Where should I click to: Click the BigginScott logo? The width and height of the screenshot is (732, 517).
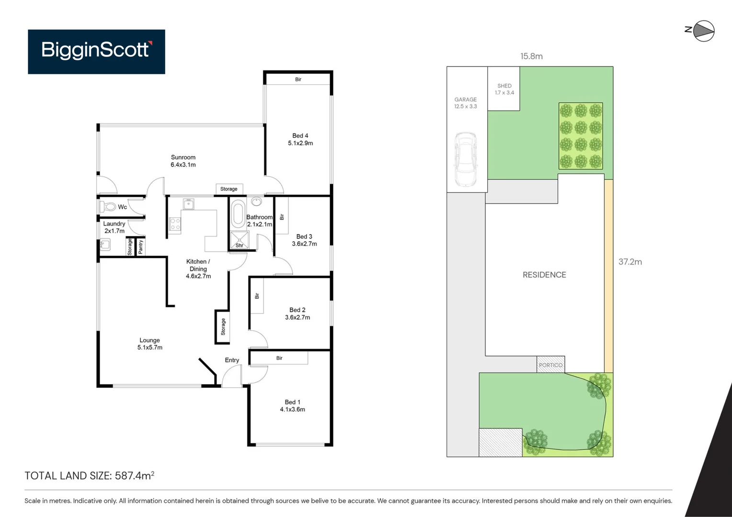(x=96, y=51)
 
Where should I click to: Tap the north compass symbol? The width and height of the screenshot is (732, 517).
(x=703, y=31)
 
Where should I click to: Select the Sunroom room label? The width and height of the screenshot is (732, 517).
(x=183, y=161)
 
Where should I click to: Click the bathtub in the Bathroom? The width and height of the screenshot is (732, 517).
(x=238, y=214)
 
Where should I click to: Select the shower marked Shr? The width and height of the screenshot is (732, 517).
(x=239, y=240)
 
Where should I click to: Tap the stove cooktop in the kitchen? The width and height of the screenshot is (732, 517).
(x=175, y=224)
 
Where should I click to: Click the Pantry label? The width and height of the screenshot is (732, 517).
(x=140, y=247)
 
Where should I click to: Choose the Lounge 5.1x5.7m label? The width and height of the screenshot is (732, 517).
(x=149, y=344)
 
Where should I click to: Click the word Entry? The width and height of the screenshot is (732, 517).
(x=232, y=360)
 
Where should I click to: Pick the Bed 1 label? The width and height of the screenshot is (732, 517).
(x=292, y=405)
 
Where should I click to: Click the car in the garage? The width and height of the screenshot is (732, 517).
(x=465, y=159)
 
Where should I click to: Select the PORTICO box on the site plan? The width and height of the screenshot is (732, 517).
(x=550, y=364)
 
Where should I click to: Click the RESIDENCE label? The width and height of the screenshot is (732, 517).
(x=544, y=275)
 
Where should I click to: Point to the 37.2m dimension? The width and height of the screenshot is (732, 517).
(x=630, y=262)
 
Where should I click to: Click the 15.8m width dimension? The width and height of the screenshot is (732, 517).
(x=531, y=56)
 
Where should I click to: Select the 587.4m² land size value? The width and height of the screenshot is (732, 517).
(x=134, y=475)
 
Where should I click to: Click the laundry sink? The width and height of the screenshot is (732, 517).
(x=105, y=245)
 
